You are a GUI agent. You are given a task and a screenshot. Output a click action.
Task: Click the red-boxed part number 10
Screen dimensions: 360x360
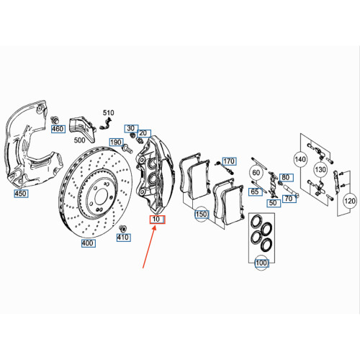156,219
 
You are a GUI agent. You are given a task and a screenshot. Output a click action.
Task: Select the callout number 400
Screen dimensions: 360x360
87,244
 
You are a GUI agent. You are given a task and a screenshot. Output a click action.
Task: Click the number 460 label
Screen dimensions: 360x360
58,129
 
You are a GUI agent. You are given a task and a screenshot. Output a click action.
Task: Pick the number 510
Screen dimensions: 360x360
108,114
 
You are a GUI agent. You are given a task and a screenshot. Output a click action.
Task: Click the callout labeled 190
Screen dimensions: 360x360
116,143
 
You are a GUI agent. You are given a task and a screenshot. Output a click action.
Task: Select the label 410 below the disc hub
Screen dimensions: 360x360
123,237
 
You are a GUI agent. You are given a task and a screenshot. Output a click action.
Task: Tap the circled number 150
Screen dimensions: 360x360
201,214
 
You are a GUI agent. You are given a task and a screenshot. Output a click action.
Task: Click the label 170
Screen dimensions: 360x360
229,161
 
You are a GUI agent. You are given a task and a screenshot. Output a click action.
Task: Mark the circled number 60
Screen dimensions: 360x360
256,173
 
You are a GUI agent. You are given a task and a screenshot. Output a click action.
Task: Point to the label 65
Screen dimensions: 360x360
255,192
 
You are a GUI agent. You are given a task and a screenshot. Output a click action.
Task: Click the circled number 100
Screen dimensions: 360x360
261,264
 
